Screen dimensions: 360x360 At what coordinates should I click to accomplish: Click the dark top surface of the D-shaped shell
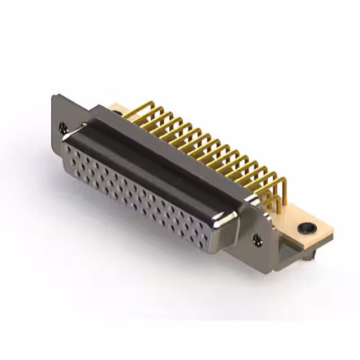(x=163, y=163)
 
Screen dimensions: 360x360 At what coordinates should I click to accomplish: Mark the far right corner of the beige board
(x=333, y=231)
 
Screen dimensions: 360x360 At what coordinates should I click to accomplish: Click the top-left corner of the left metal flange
(x=54, y=96)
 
